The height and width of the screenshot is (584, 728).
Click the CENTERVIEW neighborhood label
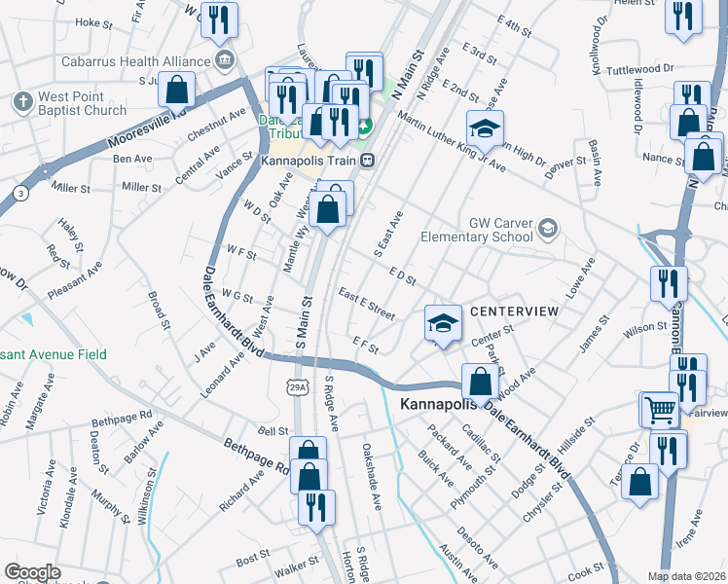click(515, 311)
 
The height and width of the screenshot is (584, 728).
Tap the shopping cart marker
click(658, 409)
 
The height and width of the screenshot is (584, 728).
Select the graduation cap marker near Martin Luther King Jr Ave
click(484, 128)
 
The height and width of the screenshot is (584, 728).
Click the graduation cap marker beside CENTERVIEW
click(443, 323)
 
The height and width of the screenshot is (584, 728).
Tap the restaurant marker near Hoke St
click(219, 19)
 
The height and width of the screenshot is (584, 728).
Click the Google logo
click(32, 573)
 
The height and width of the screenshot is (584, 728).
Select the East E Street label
click(366, 303)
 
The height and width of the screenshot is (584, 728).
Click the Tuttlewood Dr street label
click(639, 70)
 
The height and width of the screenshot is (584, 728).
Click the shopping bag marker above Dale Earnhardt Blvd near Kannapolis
click(479, 383)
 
